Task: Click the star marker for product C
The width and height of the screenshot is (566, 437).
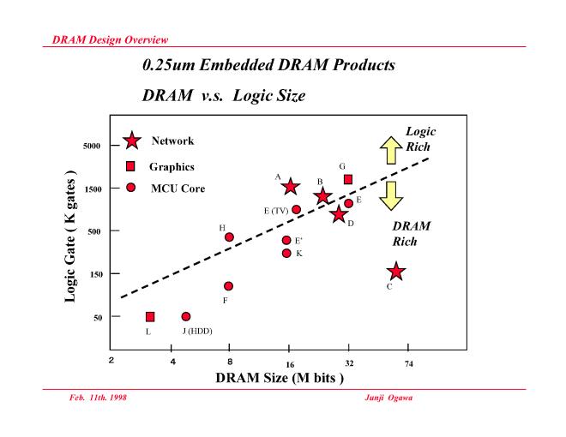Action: pyautogui.click(x=395, y=272)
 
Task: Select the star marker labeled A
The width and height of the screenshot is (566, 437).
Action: pyautogui.click(x=290, y=186)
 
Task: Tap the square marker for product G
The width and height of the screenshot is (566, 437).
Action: pyautogui.click(x=348, y=179)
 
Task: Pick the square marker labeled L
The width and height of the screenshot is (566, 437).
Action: pyautogui.click(x=150, y=317)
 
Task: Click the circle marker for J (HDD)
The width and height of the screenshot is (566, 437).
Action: pyautogui.click(x=186, y=317)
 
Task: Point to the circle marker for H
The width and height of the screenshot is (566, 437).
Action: pyautogui.click(x=229, y=237)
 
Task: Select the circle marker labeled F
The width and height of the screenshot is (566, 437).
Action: pyautogui.click(x=228, y=286)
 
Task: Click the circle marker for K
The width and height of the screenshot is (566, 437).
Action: pyautogui.click(x=286, y=253)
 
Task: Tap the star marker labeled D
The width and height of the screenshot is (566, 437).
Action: pyautogui.click(x=339, y=214)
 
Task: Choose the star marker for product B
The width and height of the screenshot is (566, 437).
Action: pyautogui.click(x=322, y=196)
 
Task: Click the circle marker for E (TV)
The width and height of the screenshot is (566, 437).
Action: pyautogui.click(x=296, y=209)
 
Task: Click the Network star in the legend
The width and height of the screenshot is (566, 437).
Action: pyautogui.click(x=131, y=141)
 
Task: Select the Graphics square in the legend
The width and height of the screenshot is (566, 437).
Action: pyautogui.click(x=131, y=166)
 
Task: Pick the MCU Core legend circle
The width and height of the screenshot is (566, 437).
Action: pyautogui.click(x=131, y=187)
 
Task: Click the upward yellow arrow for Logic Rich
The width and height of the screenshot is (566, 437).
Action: pyautogui.click(x=390, y=151)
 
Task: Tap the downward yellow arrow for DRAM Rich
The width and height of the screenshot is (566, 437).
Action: pyautogui.click(x=390, y=195)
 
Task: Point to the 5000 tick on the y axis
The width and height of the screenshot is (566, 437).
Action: pyautogui.click(x=92, y=147)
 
